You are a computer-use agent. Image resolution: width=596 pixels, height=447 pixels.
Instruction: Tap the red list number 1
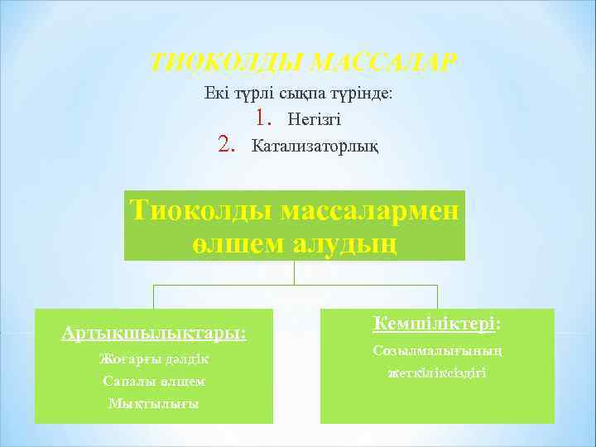(x=263, y=119)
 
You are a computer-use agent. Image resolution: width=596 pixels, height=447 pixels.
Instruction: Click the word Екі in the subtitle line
(x=217, y=94)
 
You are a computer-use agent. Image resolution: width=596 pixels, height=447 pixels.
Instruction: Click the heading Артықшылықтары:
(x=154, y=333)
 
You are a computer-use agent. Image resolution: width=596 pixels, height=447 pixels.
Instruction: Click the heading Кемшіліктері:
(x=439, y=324)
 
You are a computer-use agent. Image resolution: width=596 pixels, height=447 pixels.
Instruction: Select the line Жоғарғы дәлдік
(x=154, y=360)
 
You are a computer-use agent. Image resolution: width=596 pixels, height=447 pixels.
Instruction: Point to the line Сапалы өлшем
(x=154, y=382)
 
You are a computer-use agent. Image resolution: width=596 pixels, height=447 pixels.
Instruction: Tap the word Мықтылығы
(x=154, y=403)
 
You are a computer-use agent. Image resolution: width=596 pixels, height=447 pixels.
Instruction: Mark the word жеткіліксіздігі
(x=439, y=373)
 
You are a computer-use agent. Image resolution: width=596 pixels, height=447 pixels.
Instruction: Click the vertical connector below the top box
(x=296, y=272)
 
